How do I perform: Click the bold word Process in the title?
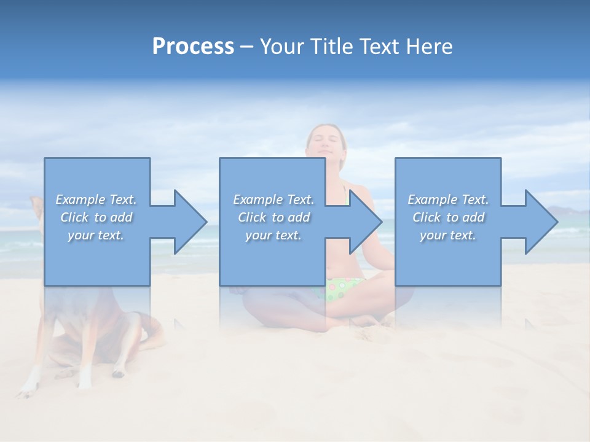(x=193, y=47)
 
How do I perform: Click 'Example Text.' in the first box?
(x=96, y=200)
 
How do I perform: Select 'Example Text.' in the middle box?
(x=273, y=200)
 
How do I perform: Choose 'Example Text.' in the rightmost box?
(x=448, y=200)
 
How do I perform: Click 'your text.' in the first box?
(x=96, y=235)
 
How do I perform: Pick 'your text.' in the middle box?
(x=273, y=235)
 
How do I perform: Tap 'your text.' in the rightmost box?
(x=448, y=235)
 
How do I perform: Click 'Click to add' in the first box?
(x=96, y=217)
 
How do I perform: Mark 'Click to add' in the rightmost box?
(x=448, y=217)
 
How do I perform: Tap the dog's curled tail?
(x=151, y=331)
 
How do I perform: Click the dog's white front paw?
(x=28, y=388)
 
